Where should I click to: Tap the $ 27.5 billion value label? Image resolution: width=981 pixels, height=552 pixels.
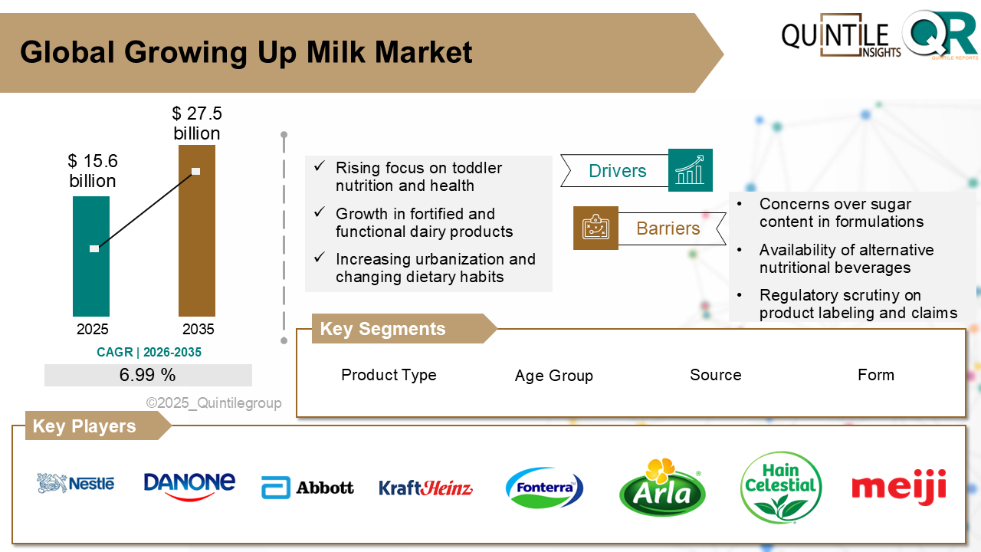197,123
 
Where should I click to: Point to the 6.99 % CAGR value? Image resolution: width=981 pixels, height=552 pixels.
148,375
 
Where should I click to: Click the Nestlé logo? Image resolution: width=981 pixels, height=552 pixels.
76,483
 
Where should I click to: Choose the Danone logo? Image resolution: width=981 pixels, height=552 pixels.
189,485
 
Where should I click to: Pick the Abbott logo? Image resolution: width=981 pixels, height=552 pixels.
307,487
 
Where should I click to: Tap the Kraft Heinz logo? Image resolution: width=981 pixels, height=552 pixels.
425,488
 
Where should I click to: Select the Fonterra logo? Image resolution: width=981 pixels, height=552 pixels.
544,488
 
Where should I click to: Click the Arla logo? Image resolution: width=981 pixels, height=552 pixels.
662,488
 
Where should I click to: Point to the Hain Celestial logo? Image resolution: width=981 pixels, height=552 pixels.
781,487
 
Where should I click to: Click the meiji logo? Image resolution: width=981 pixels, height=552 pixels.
898,487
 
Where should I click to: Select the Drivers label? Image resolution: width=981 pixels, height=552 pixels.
617,171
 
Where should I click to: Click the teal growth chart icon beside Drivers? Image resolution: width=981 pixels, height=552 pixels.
690,170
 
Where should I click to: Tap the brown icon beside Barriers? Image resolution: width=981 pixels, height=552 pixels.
595,228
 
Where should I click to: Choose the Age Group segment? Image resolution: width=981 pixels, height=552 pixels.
553,376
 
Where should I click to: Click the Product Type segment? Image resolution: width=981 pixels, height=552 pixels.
389,375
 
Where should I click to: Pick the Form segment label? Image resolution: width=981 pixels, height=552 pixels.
875,375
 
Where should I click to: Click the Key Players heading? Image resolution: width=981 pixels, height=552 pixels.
84,426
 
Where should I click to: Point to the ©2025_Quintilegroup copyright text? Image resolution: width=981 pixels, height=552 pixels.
214,402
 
